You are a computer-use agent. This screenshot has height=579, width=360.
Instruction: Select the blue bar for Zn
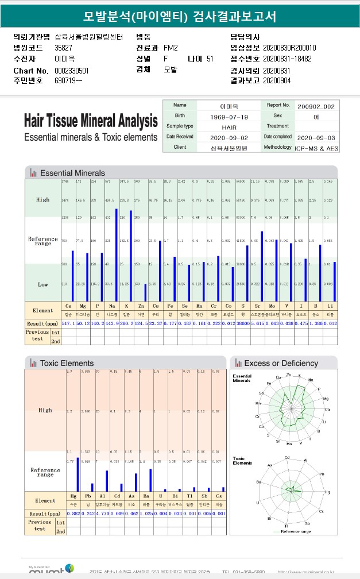[146, 293]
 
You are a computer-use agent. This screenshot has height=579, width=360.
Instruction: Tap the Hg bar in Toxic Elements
[78, 474]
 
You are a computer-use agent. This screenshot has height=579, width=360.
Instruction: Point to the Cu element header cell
[155, 306]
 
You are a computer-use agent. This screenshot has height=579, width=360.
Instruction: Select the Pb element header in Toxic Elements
[88, 496]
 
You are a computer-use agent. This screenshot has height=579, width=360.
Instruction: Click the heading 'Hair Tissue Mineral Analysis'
[91, 122]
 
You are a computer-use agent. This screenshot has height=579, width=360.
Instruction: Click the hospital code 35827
[63, 48]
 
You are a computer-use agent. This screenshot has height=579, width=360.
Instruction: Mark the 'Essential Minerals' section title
[72, 173]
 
